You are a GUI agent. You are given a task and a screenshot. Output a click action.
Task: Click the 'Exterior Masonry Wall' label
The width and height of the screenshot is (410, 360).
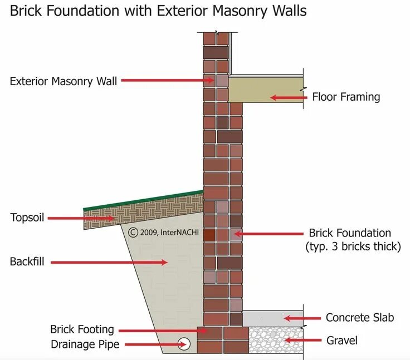tap(64, 81)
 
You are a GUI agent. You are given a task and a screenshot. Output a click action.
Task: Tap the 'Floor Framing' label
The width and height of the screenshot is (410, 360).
tap(346, 97)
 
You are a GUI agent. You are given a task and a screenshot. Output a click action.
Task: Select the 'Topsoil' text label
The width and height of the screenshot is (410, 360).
tap(27, 218)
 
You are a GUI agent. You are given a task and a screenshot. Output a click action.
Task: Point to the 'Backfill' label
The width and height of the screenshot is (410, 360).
tap(27, 261)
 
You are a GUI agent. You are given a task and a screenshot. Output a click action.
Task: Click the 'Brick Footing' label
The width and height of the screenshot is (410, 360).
tap(82, 330)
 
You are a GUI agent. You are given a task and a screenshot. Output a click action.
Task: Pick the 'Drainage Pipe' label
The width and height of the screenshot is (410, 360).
tap(85, 344)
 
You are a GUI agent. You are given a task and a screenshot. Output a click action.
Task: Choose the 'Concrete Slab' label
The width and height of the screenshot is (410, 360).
tap(360, 318)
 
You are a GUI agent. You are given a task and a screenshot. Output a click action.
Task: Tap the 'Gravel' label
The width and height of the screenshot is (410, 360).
tap(341, 340)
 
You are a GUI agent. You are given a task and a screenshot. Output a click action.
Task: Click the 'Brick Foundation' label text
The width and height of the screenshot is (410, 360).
tap(350, 233)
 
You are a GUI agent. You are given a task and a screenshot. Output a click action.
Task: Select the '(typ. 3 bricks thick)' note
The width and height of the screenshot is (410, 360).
tap(353, 246)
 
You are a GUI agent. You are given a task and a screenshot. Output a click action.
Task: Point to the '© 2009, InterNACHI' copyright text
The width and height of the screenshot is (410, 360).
tap(163, 233)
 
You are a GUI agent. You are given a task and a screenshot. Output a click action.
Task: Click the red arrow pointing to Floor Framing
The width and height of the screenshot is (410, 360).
tap(289, 97)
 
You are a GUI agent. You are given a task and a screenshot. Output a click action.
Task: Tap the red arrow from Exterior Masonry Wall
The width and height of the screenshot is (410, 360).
tap(167, 81)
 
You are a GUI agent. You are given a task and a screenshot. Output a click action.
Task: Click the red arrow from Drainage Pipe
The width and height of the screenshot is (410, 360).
tap(150, 345)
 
